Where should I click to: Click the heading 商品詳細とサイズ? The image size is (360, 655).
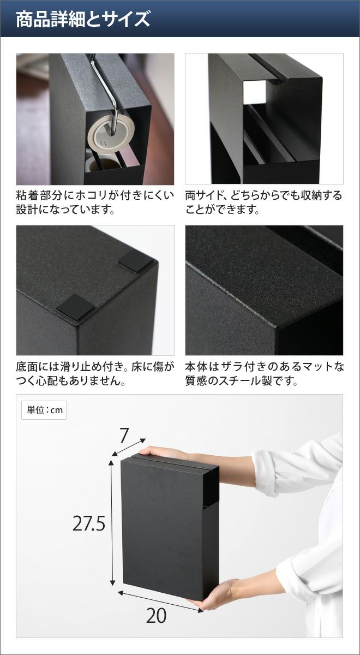(x=83, y=19)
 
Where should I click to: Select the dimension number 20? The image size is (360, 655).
(x=157, y=616)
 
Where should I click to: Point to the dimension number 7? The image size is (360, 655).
(x=124, y=436)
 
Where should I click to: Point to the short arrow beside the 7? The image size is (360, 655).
(x=129, y=447)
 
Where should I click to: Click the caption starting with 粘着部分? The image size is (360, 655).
(x=95, y=203)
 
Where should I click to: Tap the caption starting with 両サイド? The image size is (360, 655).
(x=263, y=203)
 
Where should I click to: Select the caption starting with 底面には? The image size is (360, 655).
(x=95, y=373)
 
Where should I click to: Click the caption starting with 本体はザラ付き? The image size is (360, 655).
(x=265, y=373)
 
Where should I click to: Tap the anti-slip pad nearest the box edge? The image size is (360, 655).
(x=75, y=307)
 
